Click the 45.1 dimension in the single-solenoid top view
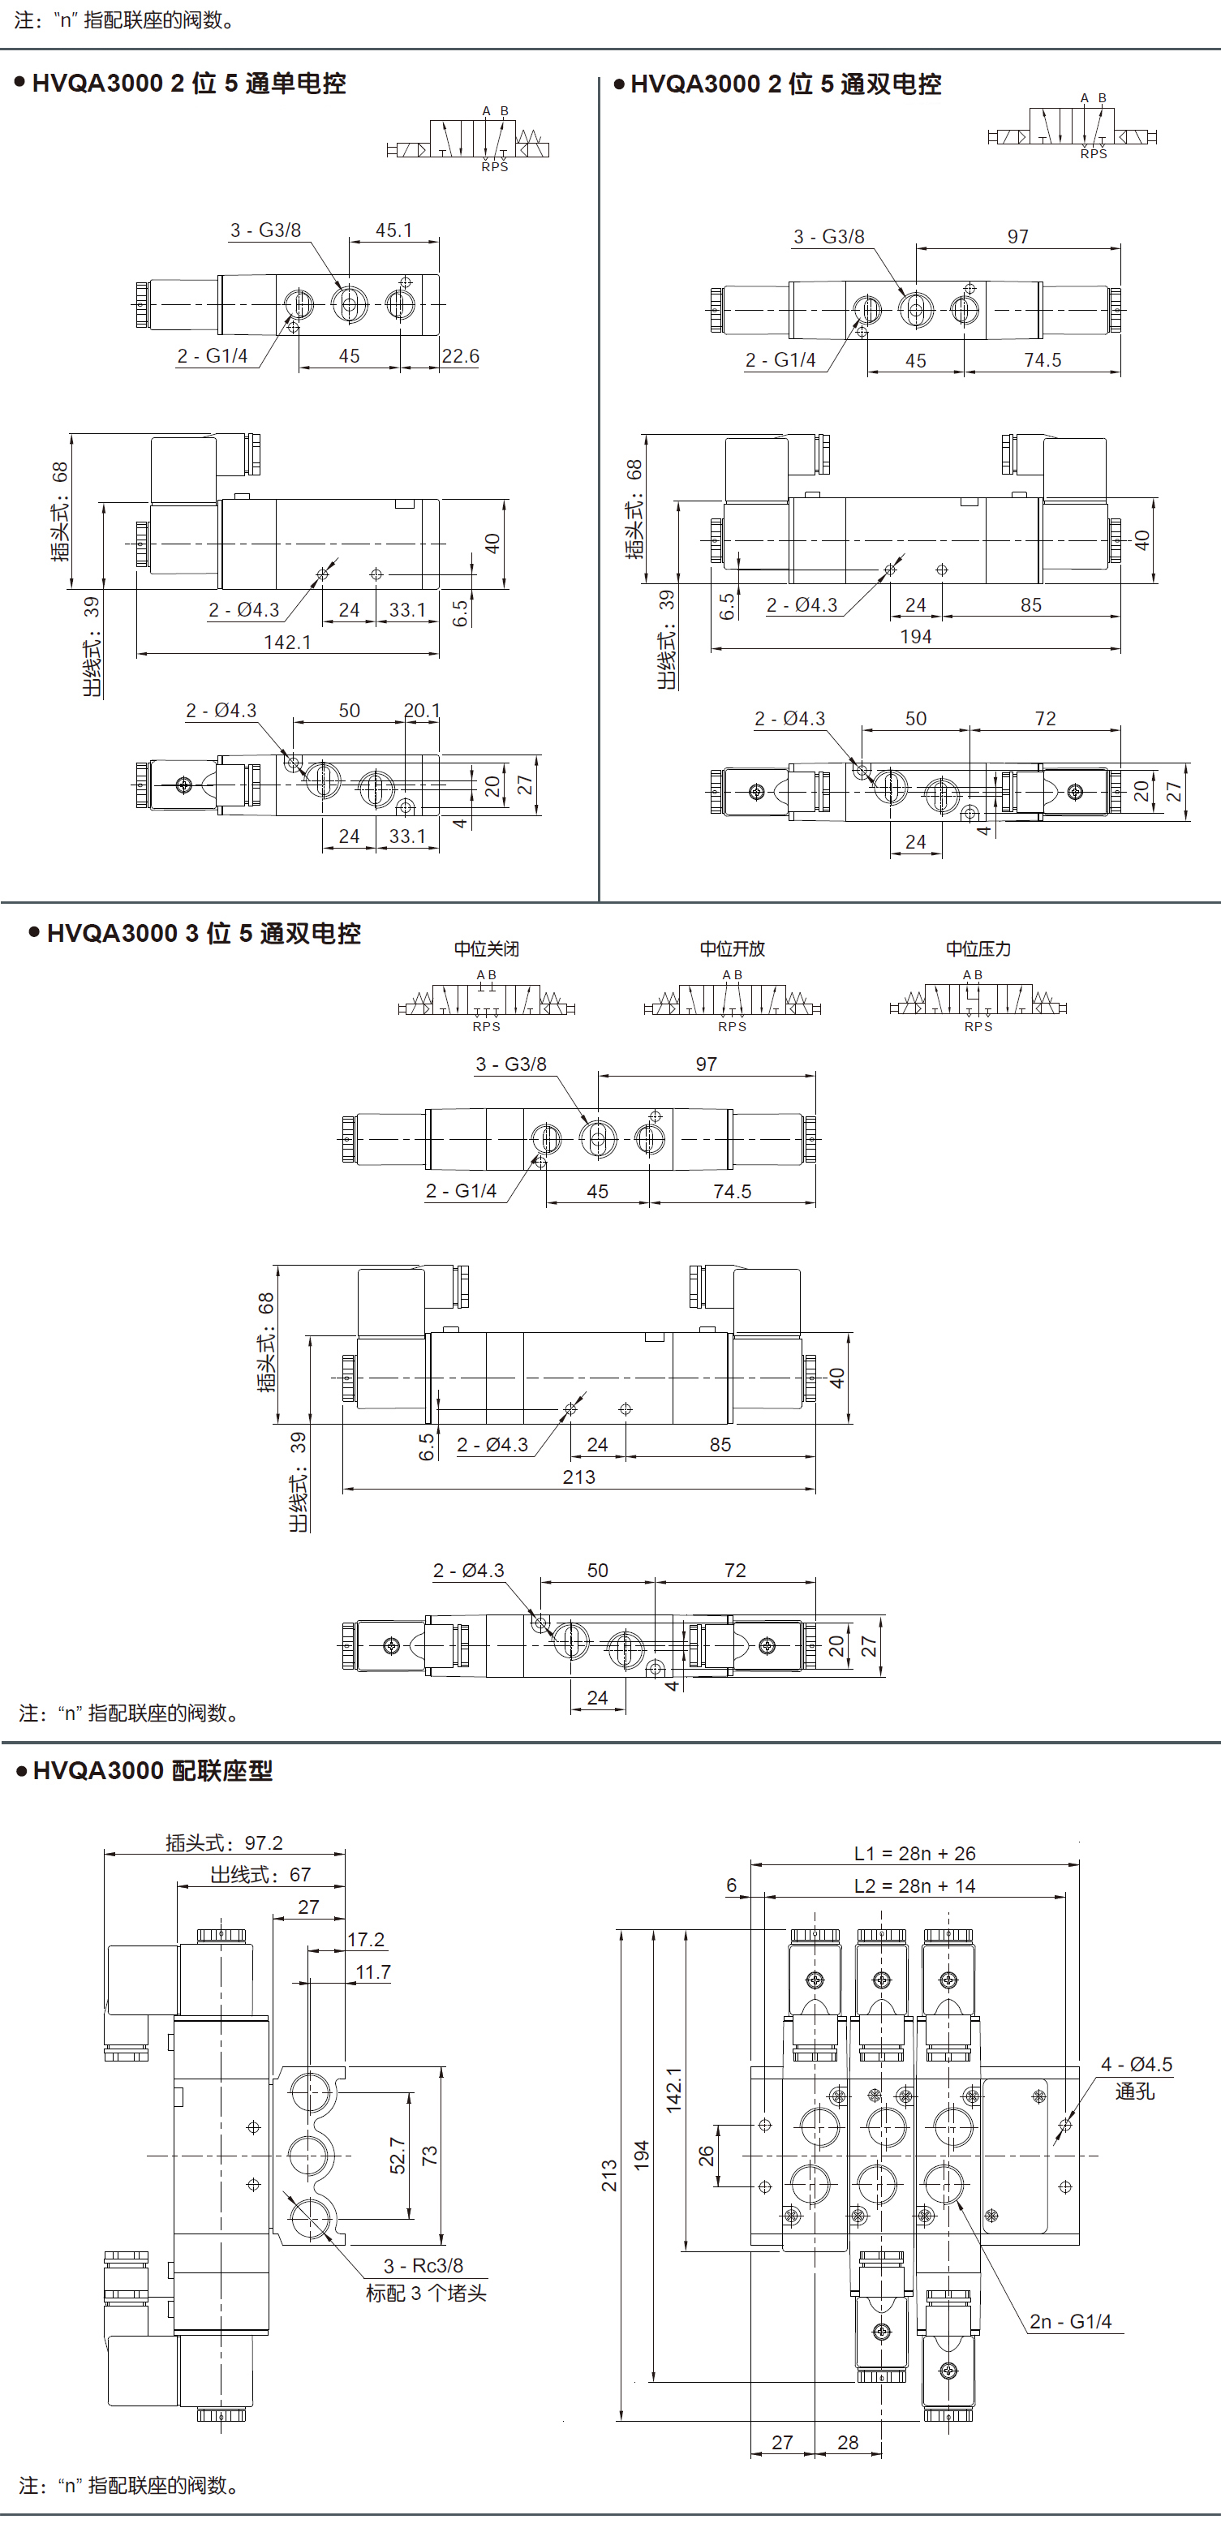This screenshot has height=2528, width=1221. pyautogui.click(x=393, y=230)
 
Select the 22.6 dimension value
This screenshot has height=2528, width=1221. pyautogui.click(x=460, y=356)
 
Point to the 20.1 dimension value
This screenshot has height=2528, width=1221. pyautogui.click(x=422, y=711)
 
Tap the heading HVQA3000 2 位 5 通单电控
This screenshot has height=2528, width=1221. pyautogui.click(x=188, y=84)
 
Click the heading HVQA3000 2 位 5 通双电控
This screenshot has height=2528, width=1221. pyautogui.click(x=785, y=84)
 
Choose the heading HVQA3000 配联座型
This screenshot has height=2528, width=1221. pyautogui.click(x=153, y=1770)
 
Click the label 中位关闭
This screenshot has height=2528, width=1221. pyautogui.click(x=486, y=949)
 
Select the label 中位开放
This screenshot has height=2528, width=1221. pyautogui.click(x=733, y=949)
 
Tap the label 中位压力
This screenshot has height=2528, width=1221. pyautogui.click(x=978, y=949)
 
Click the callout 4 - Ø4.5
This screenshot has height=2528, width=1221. pyautogui.click(x=1136, y=2065)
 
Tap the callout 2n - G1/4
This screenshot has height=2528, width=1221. pyautogui.click(x=1070, y=2322)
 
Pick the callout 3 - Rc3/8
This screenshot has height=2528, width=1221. pyautogui.click(x=423, y=2266)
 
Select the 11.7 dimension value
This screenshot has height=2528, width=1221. pyautogui.click(x=373, y=1972)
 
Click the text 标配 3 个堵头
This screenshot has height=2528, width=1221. pyautogui.click(x=426, y=2294)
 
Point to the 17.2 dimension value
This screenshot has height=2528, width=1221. pyautogui.click(x=366, y=1940)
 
